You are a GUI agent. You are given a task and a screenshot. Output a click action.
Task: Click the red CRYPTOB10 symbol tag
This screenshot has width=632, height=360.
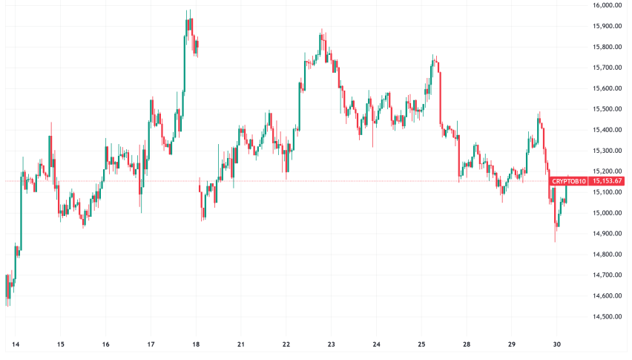(568, 181)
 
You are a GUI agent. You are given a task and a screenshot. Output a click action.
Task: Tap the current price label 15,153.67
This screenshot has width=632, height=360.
(608, 181)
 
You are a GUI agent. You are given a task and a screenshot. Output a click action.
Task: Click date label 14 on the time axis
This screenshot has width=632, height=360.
(16, 344)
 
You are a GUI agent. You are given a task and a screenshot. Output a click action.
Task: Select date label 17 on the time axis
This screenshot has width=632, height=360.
(151, 344)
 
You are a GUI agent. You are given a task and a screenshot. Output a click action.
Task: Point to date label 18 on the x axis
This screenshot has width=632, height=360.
(196, 344)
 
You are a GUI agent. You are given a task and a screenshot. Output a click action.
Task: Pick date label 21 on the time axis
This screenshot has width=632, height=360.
(241, 344)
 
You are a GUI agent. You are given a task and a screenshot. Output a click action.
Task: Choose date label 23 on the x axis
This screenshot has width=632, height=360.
(332, 344)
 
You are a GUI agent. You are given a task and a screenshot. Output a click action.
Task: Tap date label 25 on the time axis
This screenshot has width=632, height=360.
(421, 344)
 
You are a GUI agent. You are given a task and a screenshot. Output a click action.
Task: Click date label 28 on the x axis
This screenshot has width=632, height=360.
(466, 344)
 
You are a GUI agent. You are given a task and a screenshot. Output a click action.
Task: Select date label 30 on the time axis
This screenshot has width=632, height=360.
(556, 344)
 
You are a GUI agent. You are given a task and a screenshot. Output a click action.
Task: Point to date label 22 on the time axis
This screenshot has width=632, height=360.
(286, 344)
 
